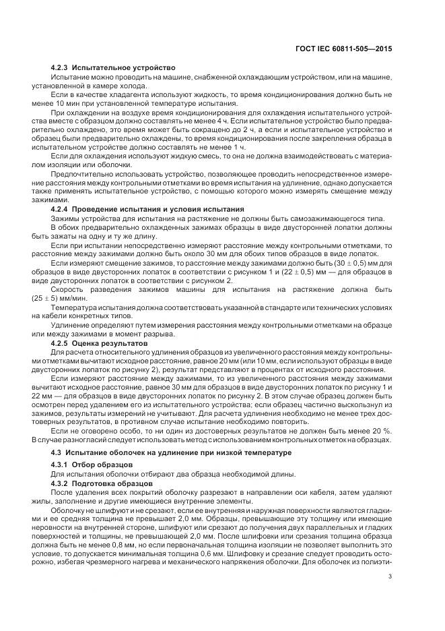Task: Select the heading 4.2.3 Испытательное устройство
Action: tap(113, 68)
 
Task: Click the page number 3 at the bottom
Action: tap(390, 576)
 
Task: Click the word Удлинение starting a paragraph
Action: tap(70, 326)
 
